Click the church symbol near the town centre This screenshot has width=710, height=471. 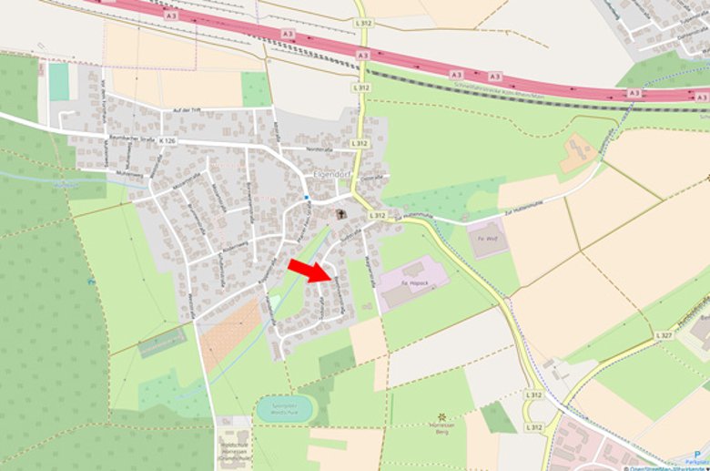point(341,214)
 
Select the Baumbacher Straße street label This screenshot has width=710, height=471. point(107,135)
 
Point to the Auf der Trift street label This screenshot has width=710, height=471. point(187,111)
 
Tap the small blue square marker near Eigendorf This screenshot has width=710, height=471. point(308,197)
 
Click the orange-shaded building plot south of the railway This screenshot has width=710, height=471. point(577,153)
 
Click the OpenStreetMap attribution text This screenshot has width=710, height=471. point(668,466)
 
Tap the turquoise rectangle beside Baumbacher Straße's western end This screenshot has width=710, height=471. point(59,82)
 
